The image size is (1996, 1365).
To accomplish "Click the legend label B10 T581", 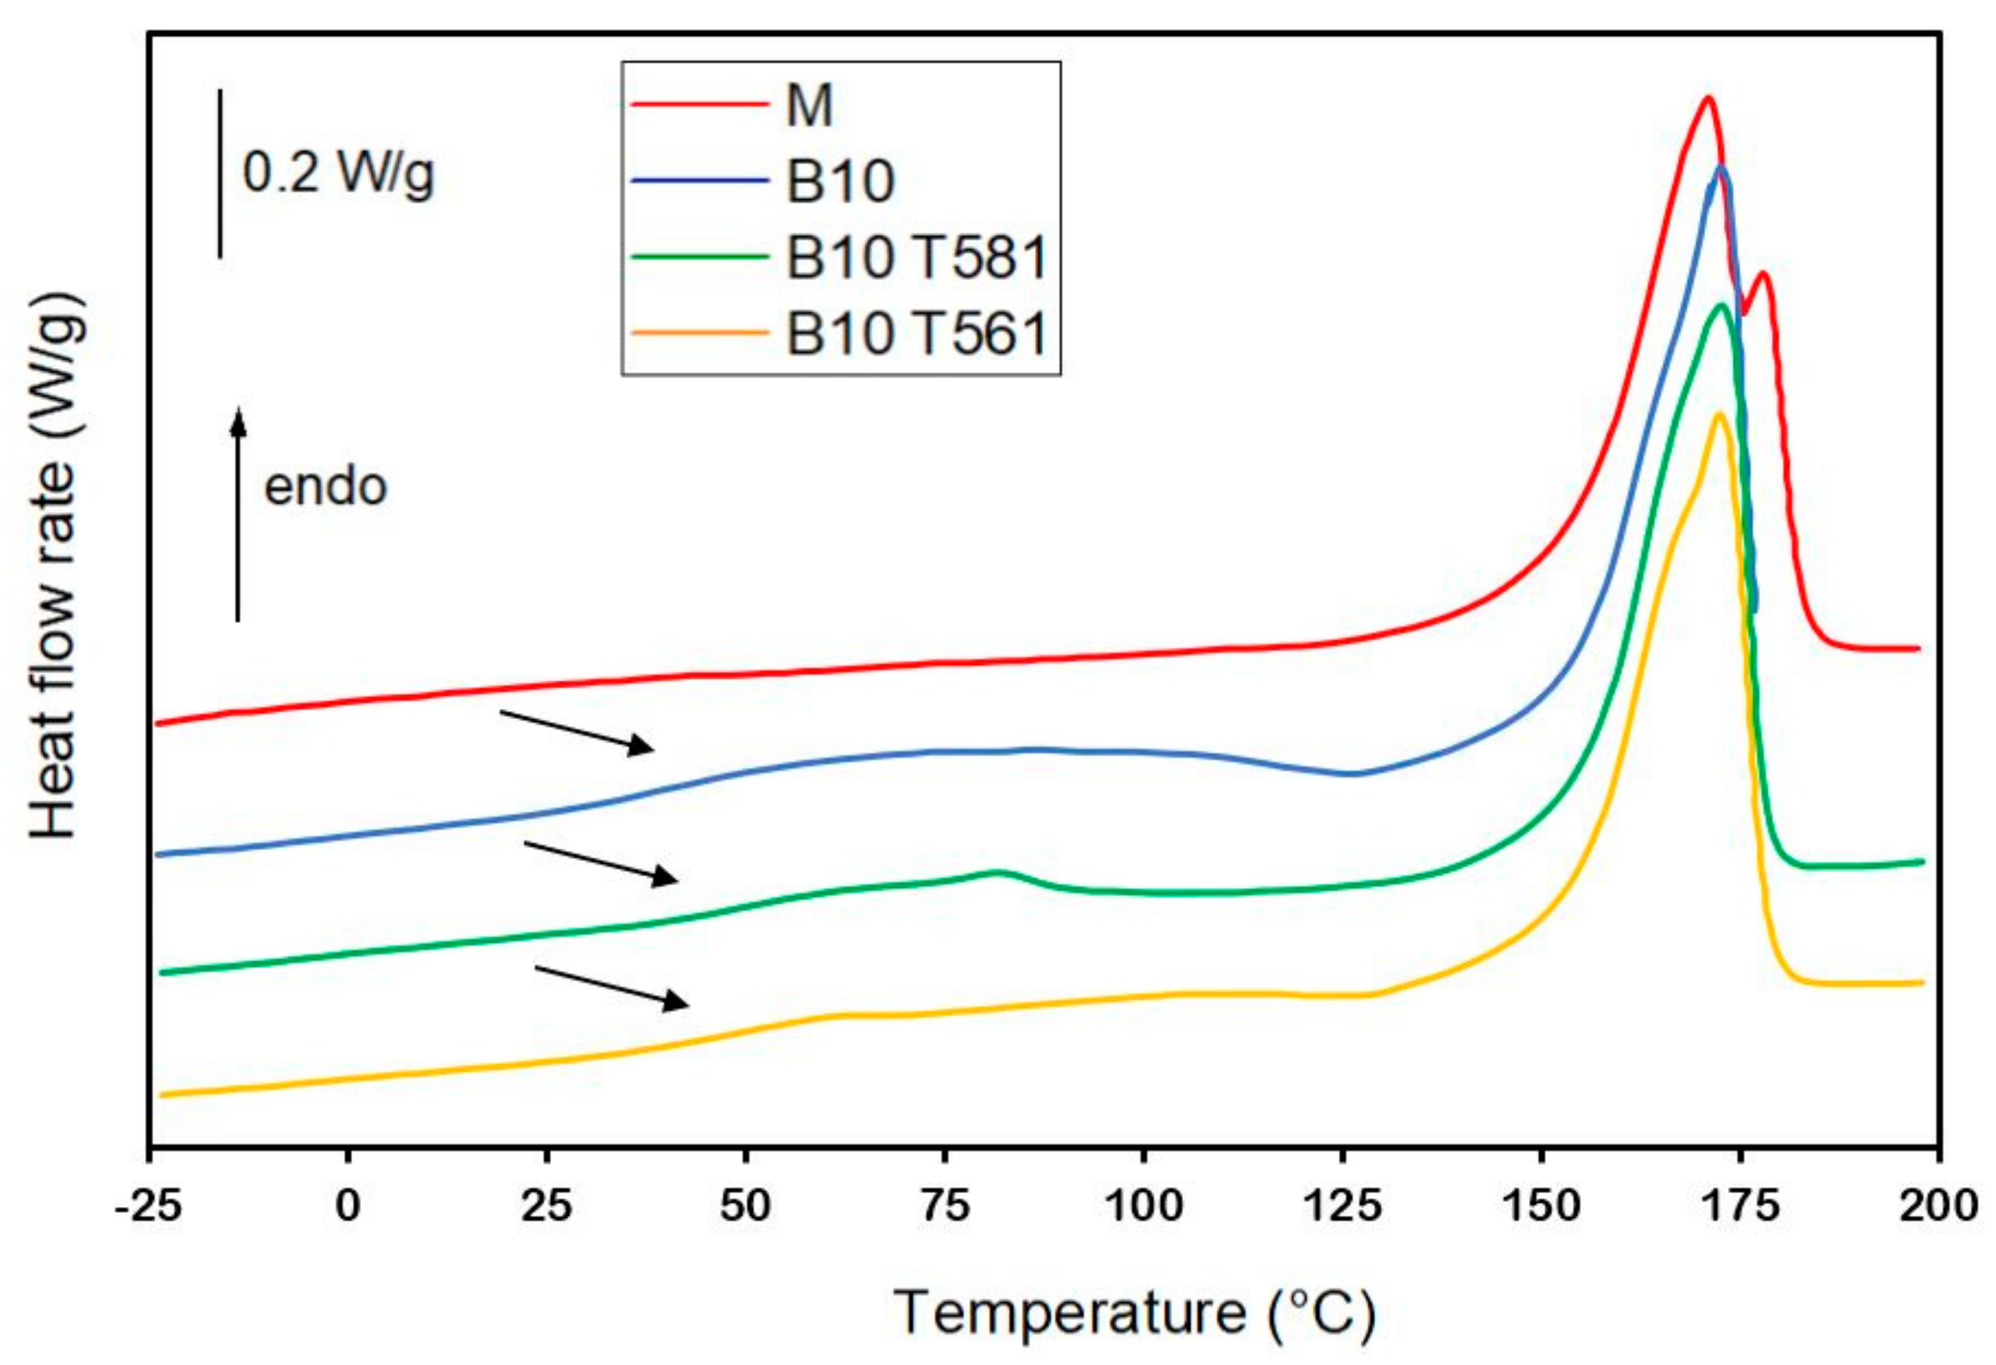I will (x=916, y=257).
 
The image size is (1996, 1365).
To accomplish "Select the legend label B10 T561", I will (x=916, y=333).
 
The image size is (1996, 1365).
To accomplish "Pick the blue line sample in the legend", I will (x=698, y=180).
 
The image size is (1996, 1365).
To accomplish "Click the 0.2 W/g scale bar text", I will (x=338, y=173).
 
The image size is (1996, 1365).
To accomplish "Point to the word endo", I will (x=326, y=486).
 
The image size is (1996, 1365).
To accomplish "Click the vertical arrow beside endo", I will (x=239, y=515).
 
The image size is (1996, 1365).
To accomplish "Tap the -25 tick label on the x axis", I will (x=149, y=1206).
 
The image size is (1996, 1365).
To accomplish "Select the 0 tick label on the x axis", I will (x=348, y=1206).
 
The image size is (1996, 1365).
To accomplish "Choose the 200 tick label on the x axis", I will (x=1937, y=1206).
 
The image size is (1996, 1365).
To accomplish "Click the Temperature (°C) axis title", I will (x=1135, y=1312).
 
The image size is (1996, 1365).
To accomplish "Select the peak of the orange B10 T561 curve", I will (x=1719, y=415).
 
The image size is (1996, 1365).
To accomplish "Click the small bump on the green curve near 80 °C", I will (x=997, y=872).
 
